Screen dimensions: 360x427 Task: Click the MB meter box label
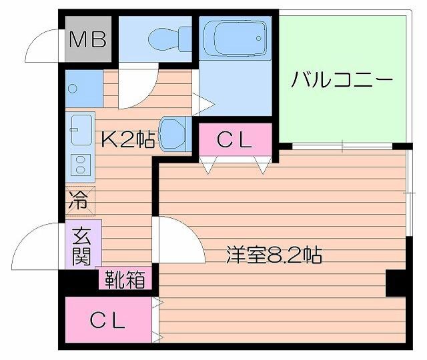(89, 40)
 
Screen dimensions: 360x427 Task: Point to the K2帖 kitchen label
(128, 139)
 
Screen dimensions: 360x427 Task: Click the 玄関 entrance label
(82, 245)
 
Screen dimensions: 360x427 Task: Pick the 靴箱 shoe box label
(124, 279)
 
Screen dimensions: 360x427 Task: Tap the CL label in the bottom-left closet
(108, 321)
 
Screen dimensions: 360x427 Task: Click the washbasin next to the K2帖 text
(174, 133)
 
